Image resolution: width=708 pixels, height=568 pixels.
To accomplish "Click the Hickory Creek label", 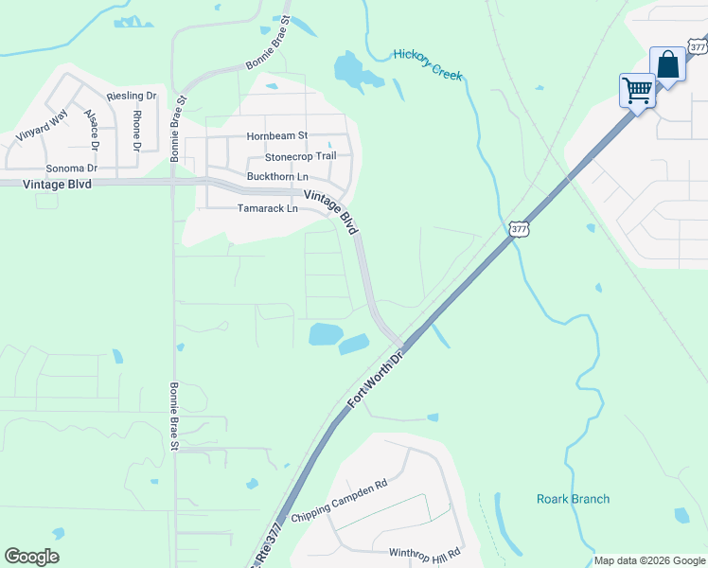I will click(x=428, y=63).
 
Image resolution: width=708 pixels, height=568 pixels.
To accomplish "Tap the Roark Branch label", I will click(x=573, y=499).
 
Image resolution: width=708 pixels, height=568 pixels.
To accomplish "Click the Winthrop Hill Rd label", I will click(x=424, y=552).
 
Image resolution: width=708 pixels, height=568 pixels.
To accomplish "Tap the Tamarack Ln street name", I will click(x=267, y=208).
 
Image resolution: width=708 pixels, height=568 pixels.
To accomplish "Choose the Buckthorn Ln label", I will click(x=277, y=177).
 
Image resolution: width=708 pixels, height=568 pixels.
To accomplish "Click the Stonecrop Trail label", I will click(x=300, y=156).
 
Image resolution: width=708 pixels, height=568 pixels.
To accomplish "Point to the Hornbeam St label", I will click(x=277, y=136).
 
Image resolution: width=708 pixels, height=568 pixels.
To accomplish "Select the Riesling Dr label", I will click(x=132, y=97).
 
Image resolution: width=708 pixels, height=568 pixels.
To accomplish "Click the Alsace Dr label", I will click(x=92, y=130).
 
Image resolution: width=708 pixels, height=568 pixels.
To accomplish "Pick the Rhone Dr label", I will click(x=136, y=131).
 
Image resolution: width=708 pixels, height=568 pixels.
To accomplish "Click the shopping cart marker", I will click(x=637, y=91).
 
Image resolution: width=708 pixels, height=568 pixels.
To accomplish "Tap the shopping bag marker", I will click(x=668, y=65).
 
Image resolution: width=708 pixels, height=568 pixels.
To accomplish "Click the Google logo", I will click(x=31, y=557).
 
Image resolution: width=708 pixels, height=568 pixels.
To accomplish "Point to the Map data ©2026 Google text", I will click(x=648, y=560).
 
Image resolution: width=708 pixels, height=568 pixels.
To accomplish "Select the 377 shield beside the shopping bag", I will click(x=698, y=46).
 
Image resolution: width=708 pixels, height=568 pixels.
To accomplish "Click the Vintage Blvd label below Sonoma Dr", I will click(x=58, y=185).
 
